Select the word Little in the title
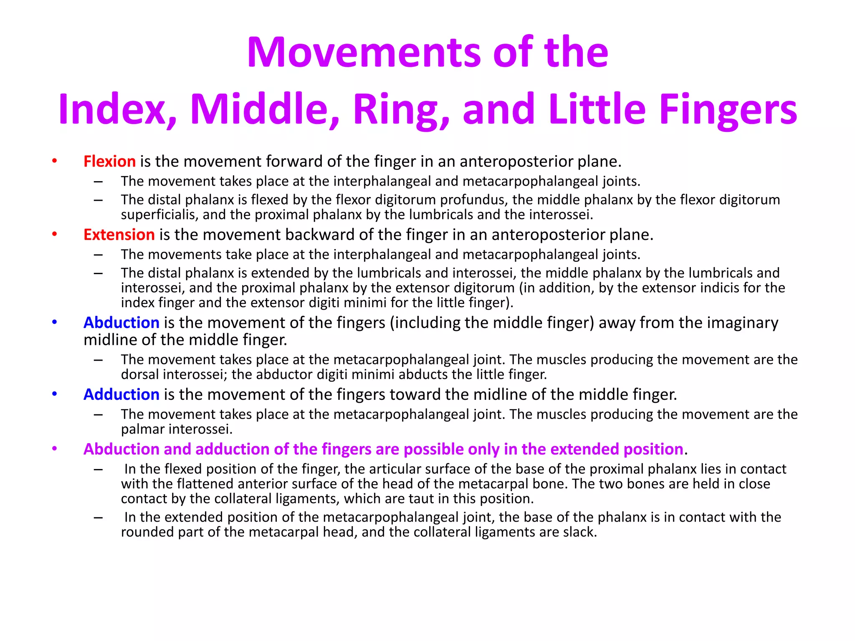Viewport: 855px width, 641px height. point(597,109)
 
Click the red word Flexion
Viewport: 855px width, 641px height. point(109,162)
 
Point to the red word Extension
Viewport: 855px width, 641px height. point(119,235)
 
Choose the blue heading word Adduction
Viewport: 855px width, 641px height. point(121,395)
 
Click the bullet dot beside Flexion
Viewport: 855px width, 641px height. point(54,161)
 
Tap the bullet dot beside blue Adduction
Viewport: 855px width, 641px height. point(54,394)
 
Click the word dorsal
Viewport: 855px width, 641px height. point(140,375)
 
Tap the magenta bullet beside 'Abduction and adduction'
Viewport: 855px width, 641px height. point(54,449)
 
